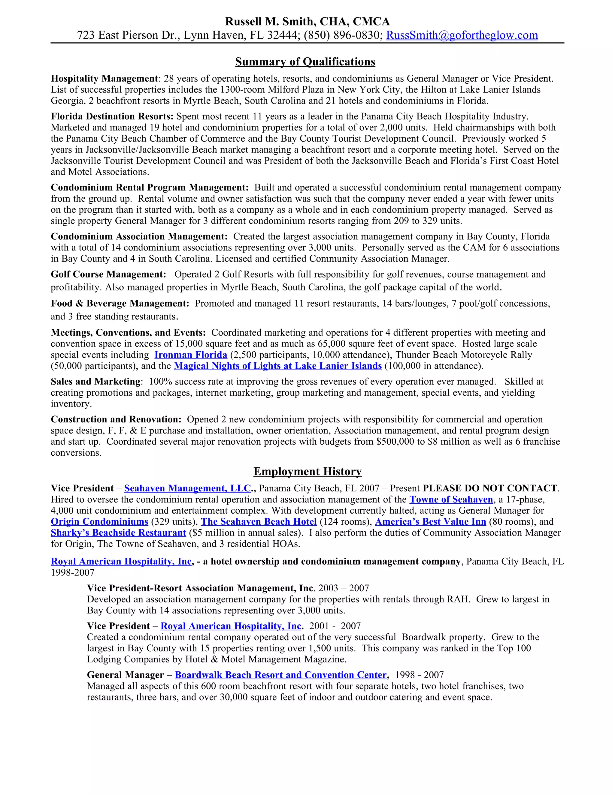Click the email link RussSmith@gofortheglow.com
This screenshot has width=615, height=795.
pyautogui.click(x=462, y=35)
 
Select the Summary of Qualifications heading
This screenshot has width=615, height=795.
pyautogui.click(x=305, y=61)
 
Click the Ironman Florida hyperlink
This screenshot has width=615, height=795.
pyautogui.click(x=191, y=355)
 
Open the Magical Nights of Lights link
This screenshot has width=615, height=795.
pyautogui.click(x=278, y=366)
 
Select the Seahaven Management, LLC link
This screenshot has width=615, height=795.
pyautogui.click(x=187, y=488)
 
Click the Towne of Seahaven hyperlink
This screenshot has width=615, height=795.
pyautogui.click(x=451, y=499)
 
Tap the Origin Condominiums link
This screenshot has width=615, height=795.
pyautogui.click(x=99, y=522)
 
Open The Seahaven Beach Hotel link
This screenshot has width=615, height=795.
pyautogui.click(x=259, y=522)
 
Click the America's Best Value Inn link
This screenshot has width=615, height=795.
pyautogui.click(x=430, y=522)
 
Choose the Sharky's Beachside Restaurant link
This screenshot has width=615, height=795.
pyautogui.click(x=118, y=533)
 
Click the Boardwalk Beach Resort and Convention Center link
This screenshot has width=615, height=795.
pyautogui.click(x=280, y=675)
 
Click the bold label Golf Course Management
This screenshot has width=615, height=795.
pyautogui.click(x=108, y=274)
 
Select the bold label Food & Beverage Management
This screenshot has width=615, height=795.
pyautogui.click(x=120, y=304)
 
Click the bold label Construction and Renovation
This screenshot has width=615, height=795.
pyautogui.click(x=116, y=419)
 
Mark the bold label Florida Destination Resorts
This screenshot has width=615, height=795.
pyautogui.click(x=112, y=116)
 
